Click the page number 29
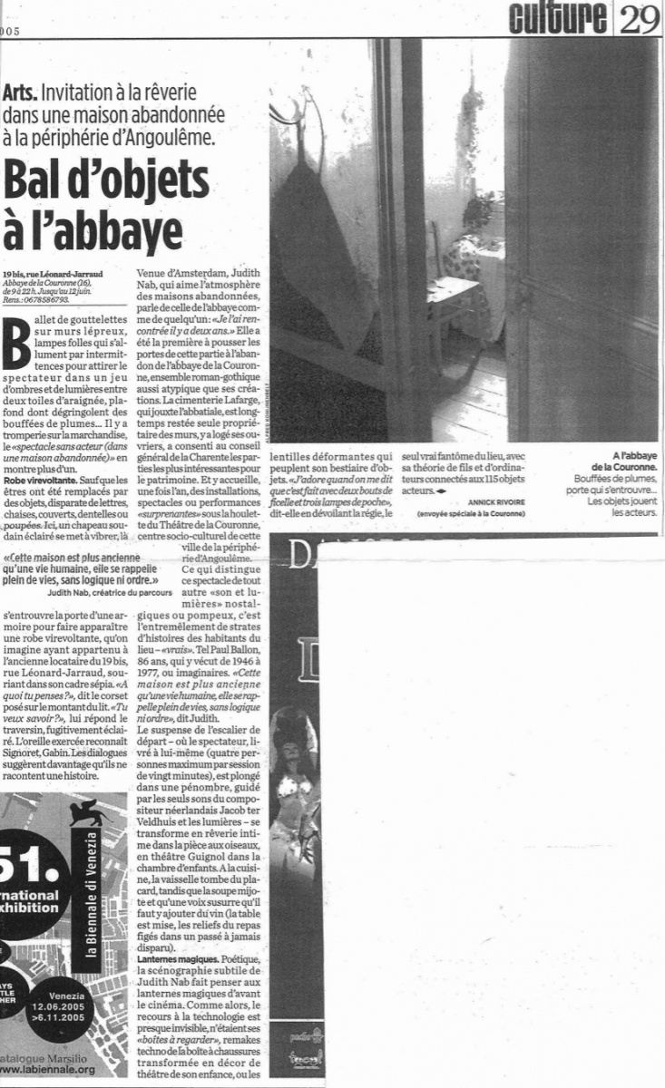pyautogui.click(x=642, y=18)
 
